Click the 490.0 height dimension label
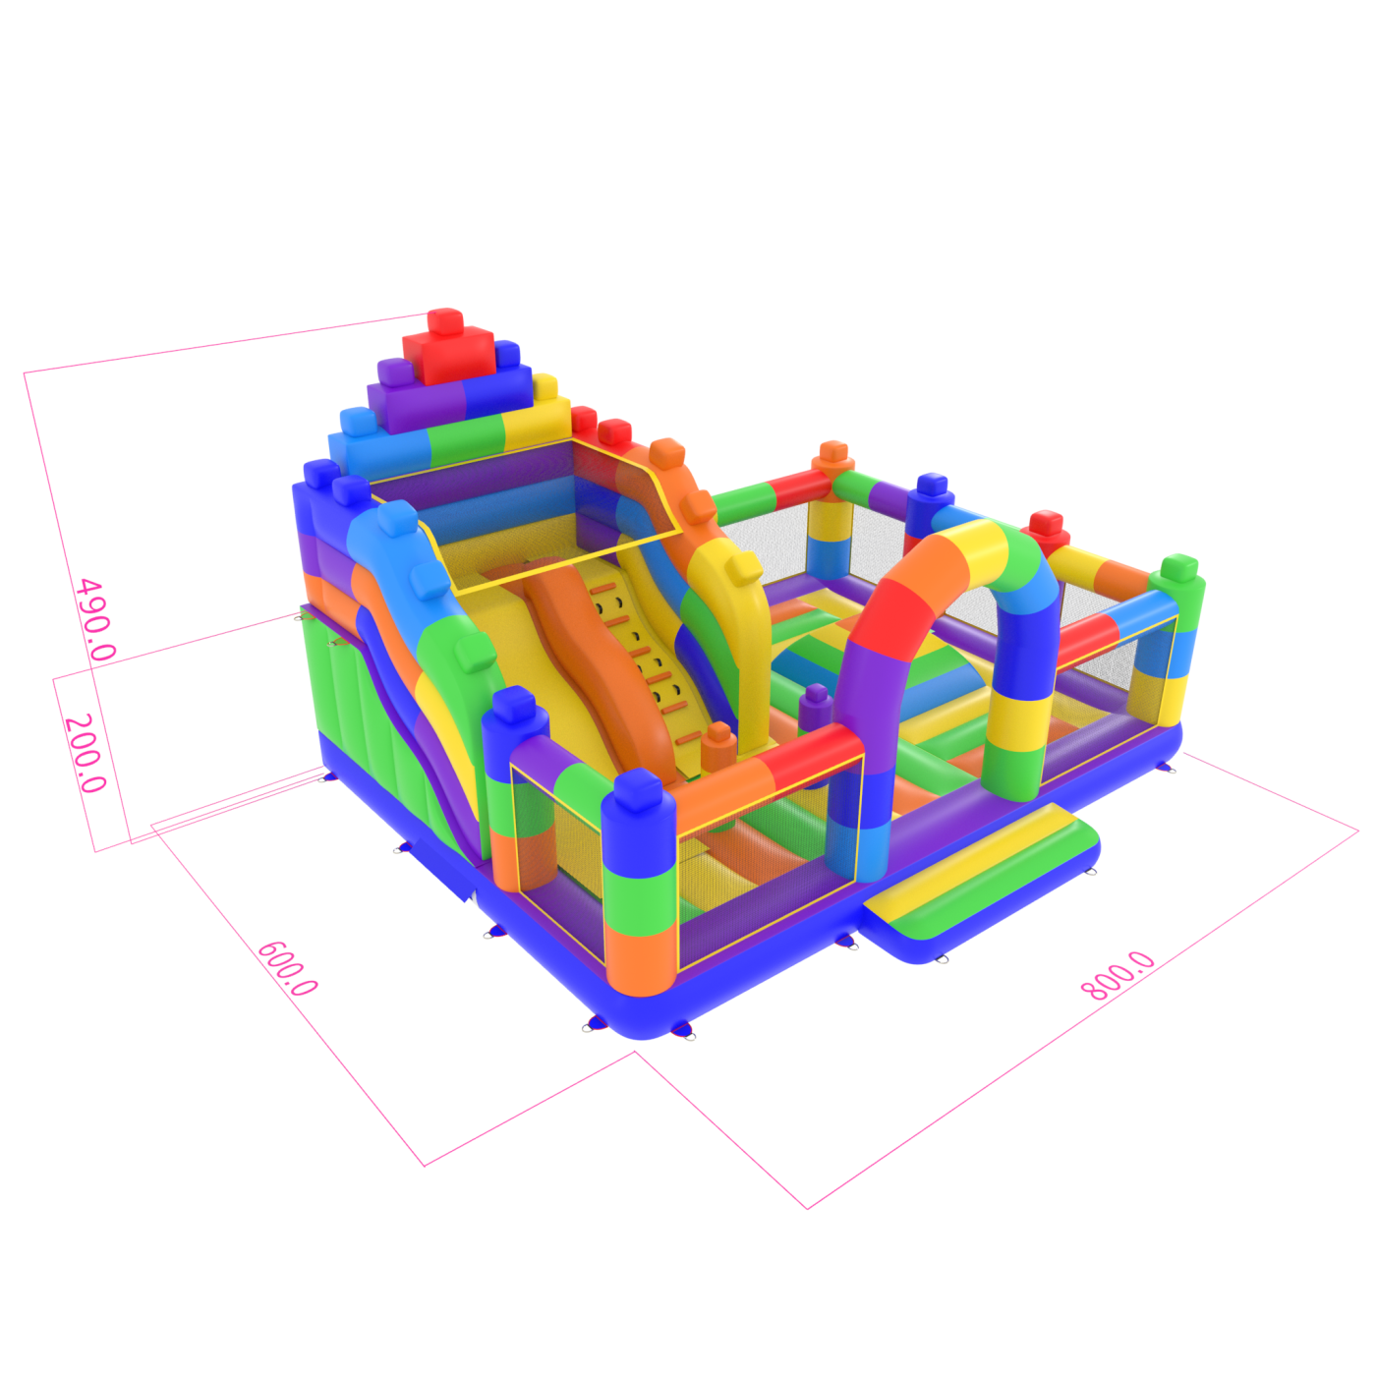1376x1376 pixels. (95, 619)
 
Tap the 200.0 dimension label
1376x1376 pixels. (85, 753)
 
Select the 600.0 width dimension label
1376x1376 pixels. (287, 968)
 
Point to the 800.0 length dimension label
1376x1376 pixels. (1118, 976)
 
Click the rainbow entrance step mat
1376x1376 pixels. (982, 883)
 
